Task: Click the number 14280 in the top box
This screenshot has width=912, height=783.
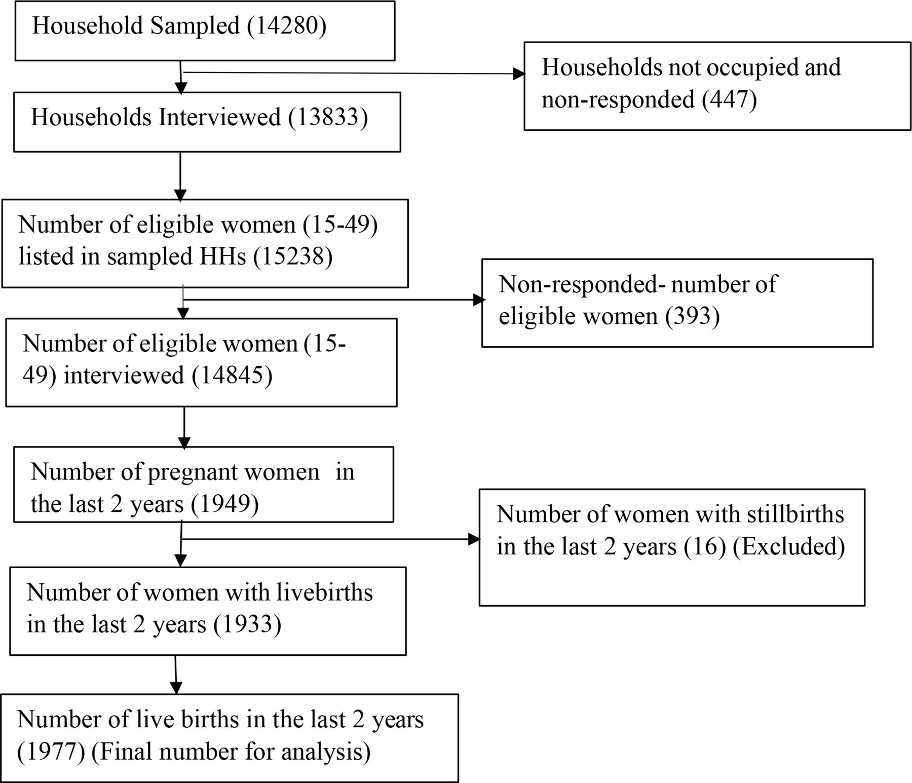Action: (287, 26)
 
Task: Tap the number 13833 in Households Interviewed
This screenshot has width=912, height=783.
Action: (328, 117)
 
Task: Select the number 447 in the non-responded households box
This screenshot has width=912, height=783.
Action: (730, 99)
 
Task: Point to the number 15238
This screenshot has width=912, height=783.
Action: (293, 256)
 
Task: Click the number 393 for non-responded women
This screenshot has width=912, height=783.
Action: (693, 316)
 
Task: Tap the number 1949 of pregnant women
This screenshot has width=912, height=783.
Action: (225, 504)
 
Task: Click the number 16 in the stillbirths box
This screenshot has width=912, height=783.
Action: (705, 547)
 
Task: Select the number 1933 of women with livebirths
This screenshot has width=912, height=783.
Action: (247, 624)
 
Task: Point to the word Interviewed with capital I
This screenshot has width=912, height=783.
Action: (219, 117)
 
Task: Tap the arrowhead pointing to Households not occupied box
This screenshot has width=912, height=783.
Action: (519, 74)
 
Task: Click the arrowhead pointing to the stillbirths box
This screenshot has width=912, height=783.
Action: (474, 539)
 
